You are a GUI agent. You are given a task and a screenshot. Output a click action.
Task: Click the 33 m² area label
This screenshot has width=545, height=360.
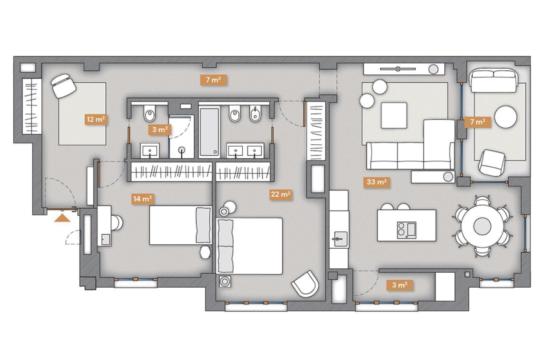click(376, 182)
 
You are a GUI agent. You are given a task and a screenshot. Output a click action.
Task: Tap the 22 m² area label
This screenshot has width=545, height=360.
click(280, 195)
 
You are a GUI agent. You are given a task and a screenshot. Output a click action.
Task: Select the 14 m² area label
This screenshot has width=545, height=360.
click(142, 199)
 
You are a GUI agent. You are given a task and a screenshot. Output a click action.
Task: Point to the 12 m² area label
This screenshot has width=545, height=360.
click(96, 119)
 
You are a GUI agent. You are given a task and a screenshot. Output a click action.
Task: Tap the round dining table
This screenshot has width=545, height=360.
click(482, 226)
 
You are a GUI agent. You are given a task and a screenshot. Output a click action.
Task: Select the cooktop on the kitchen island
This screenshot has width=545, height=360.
click(407, 230)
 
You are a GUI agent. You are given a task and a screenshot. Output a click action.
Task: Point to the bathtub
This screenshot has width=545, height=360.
click(209, 132)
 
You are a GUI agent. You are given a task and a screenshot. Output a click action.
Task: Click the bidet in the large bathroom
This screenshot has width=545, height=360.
click(255, 113)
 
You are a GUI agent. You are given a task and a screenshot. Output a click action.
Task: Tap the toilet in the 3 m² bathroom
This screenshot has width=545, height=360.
click(149, 113)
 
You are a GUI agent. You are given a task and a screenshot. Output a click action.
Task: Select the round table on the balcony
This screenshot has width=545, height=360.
click(506, 117)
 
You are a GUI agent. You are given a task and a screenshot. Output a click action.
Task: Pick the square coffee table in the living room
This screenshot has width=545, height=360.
click(394, 115)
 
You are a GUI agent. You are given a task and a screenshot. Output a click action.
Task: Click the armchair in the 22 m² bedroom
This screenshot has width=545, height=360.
click(305, 284)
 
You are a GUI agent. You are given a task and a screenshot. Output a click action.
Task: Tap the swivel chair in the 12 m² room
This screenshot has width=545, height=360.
click(63, 86)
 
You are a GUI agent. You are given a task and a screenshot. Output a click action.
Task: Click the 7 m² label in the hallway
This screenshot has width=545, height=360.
click(213, 80)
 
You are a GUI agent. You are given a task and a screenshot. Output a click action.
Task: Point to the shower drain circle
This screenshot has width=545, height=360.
click(182, 150)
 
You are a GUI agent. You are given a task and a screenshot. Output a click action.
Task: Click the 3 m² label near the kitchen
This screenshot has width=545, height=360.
click(400, 285)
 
